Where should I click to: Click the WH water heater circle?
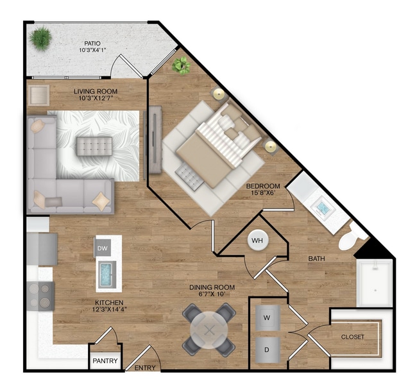[x=257, y=241]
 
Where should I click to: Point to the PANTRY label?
[x=105, y=361]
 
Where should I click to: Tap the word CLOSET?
[x=352, y=337]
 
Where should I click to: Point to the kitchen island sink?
[x=107, y=274]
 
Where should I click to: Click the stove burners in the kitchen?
[x=40, y=295]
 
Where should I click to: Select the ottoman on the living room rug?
[x=94, y=146]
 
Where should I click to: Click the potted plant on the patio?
[x=41, y=38]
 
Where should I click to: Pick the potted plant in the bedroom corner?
[x=181, y=65]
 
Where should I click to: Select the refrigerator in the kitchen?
[x=41, y=248]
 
